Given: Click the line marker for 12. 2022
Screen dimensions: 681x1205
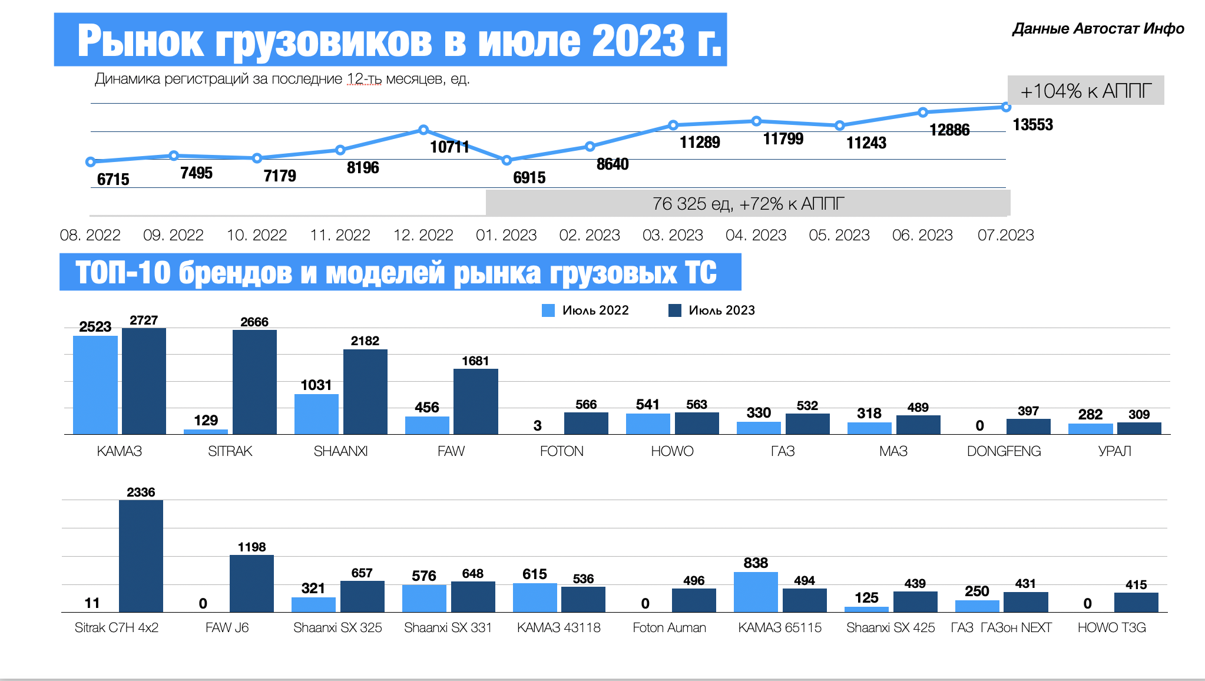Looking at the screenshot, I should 423,130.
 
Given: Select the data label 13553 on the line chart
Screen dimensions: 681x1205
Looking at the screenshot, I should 1032,125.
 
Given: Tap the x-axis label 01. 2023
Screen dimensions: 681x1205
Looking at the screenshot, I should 506,235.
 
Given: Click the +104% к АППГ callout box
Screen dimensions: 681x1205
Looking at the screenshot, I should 1085,91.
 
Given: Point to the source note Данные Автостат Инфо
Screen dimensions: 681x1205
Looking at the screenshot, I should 1098,29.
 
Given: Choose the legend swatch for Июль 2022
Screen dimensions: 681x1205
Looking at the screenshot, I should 548,310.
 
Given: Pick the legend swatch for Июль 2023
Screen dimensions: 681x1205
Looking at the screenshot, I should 675,310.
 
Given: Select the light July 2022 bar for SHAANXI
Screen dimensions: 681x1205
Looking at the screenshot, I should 316,414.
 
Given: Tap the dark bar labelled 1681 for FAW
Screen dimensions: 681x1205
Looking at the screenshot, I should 475,401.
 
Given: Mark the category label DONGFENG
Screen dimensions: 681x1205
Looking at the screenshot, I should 1004,451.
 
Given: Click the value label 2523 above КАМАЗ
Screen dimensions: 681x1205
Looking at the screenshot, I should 95,327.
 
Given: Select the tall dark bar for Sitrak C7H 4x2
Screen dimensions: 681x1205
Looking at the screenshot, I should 141,556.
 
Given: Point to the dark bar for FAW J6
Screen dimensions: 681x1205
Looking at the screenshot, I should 251,583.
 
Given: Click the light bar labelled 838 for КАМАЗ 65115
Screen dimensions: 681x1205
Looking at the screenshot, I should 756,592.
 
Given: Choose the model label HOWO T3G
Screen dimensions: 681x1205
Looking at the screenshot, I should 1111,628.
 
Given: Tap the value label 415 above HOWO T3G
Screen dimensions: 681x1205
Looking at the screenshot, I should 1136,585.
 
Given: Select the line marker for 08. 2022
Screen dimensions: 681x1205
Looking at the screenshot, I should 90,162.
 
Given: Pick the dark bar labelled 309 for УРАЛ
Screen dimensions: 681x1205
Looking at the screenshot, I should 1139,428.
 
